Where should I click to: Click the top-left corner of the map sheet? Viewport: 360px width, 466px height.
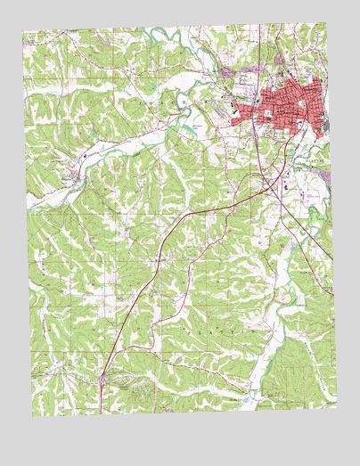pyautogui.click(x=24, y=33)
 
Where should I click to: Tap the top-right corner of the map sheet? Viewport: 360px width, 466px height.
pyautogui.click(x=324, y=22)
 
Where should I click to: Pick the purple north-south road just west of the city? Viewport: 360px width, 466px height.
pyautogui.click(x=252, y=134)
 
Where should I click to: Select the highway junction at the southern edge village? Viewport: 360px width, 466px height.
pyautogui.click(x=102, y=379)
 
